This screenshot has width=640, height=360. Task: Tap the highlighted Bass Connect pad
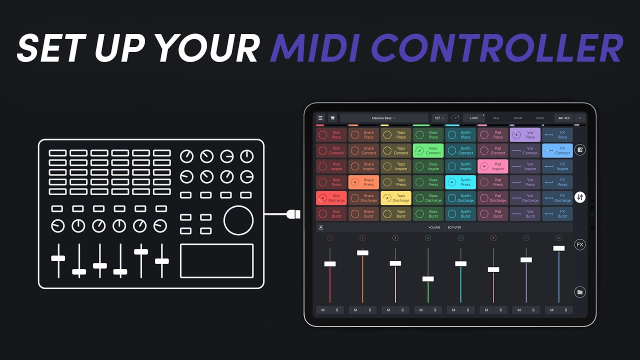pyautogui.click(x=428, y=150)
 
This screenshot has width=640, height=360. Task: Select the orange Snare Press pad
pyautogui.click(x=363, y=182)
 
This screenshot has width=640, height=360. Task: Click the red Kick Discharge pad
pyautogui.click(x=331, y=198)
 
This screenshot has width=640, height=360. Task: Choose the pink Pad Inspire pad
pyautogui.click(x=492, y=166)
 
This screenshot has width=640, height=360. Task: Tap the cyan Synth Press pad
pyautogui.click(x=460, y=182)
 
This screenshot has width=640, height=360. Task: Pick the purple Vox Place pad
pyautogui.click(x=525, y=134)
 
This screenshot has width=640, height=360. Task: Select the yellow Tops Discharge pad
pyautogui.click(x=396, y=198)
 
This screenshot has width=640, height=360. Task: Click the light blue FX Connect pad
pyautogui.click(x=557, y=150)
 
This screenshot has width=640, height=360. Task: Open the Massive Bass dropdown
pyautogui.click(x=383, y=118)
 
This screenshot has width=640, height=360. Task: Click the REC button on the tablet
pyautogui.click(x=564, y=118)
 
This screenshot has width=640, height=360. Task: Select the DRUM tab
pyautogui.click(x=518, y=118)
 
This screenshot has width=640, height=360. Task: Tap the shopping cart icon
pyautogui.click(x=332, y=118)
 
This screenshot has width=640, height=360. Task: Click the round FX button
pyautogui.click(x=579, y=244)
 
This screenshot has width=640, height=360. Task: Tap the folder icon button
pyautogui.click(x=579, y=292)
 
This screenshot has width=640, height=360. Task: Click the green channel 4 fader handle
pyautogui.click(x=428, y=279)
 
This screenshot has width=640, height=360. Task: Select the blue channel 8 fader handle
pyautogui.click(x=558, y=248)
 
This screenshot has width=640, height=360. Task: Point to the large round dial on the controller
pyautogui.click(x=238, y=220)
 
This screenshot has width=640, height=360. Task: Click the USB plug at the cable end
pyautogui.click(x=294, y=214)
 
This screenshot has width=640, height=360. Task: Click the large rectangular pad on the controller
pyautogui.click(x=216, y=260)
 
